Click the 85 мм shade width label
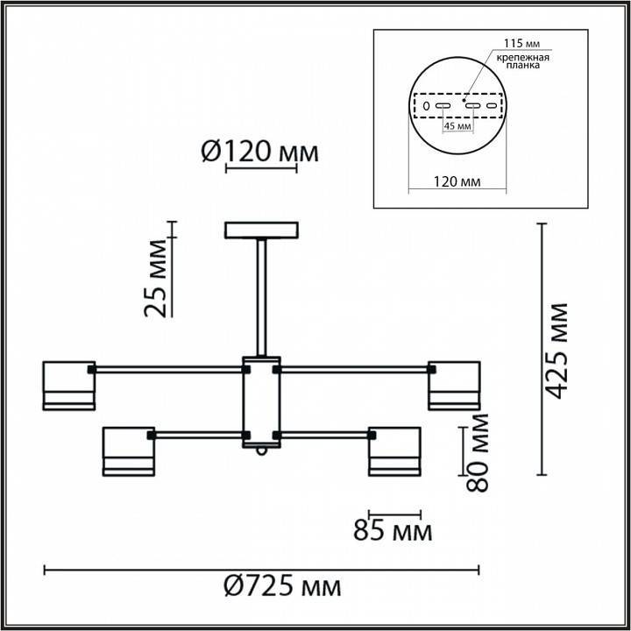point(393,532)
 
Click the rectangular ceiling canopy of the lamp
point(261,231)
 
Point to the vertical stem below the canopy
point(261,298)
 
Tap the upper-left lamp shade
point(69,385)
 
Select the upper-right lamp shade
point(454,385)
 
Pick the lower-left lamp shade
point(129,451)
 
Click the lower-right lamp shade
point(393,451)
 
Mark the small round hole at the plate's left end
point(426,106)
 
